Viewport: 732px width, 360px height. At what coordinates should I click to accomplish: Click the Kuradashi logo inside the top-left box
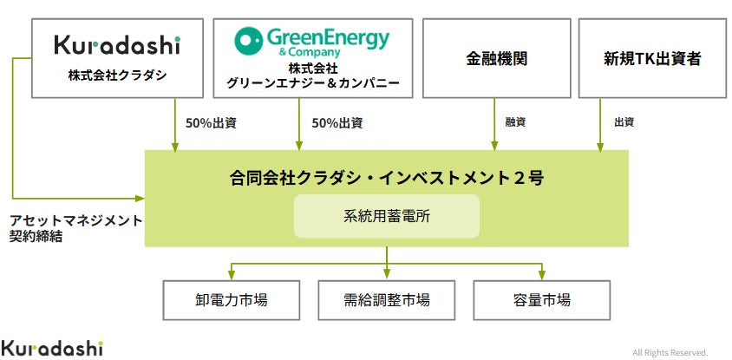point(117,45)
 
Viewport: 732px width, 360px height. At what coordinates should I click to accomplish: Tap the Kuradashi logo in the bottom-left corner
point(52,348)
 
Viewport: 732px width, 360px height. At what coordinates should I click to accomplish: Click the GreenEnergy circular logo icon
point(248,41)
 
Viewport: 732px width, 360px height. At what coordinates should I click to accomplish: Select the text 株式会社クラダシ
point(117,75)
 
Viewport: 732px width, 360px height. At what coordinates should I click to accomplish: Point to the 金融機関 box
point(496,58)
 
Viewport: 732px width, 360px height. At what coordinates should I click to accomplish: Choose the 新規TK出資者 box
point(652,58)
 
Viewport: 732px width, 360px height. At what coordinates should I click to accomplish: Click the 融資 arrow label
point(515,122)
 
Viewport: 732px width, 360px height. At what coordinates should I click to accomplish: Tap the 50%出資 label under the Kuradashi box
point(211,123)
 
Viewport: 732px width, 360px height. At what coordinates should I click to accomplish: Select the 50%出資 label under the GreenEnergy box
point(337,123)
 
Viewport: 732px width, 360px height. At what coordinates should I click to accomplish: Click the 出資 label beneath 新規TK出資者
point(624,122)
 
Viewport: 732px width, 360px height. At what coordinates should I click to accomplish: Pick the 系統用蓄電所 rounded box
point(387,216)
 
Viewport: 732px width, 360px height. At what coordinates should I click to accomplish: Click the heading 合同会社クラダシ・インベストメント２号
point(387,178)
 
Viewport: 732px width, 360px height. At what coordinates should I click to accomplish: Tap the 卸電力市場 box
point(231,300)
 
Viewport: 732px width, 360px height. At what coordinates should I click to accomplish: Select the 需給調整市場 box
point(387,300)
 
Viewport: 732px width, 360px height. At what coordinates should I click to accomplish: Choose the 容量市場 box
point(541,300)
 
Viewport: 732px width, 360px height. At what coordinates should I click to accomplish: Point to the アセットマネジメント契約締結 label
point(75,228)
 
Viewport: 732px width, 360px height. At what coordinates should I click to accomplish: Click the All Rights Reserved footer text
point(670,352)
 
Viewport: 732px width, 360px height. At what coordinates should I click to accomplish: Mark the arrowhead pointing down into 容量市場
point(541,277)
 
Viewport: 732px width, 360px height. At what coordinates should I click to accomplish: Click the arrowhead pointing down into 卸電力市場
point(231,277)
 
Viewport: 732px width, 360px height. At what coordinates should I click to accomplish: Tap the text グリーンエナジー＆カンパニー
point(313,83)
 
